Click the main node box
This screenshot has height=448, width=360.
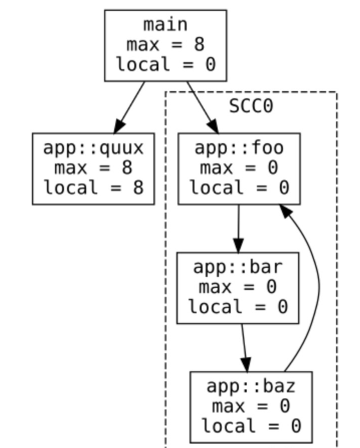click(x=166, y=45)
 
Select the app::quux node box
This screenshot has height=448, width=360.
click(x=93, y=168)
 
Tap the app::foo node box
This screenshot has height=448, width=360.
click(x=238, y=168)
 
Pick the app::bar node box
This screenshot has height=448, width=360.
click(x=237, y=287)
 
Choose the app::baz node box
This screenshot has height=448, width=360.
click(x=251, y=406)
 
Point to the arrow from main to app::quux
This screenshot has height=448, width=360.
click(x=130, y=106)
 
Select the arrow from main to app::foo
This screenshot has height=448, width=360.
click(x=201, y=106)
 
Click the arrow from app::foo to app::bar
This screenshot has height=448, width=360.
click(x=238, y=227)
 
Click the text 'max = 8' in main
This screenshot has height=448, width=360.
click(x=166, y=45)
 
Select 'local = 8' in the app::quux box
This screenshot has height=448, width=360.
click(x=93, y=187)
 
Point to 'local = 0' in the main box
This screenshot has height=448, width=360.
click(x=166, y=65)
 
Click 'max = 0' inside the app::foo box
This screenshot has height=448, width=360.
click(x=238, y=168)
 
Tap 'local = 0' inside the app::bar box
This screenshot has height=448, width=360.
click(x=237, y=306)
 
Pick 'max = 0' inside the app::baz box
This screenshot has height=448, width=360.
click(x=251, y=406)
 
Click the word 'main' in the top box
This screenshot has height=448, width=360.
click(x=166, y=25)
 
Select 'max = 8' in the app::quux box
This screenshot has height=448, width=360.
click(x=93, y=168)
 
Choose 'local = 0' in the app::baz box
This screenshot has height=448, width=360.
click(x=251, y=425)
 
